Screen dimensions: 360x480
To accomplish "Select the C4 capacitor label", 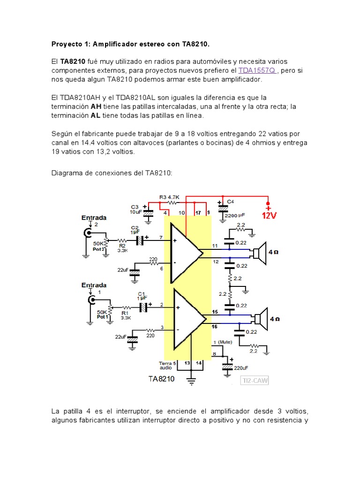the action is pos(230,202).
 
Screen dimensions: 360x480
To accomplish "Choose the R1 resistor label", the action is pos(125,313).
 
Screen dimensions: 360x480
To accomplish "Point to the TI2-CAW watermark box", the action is pos(255,381).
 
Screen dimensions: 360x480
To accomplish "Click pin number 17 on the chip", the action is pos(198,213).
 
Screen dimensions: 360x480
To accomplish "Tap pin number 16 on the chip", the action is pos(215,325).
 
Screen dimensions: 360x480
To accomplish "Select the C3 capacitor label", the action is pos(135,206).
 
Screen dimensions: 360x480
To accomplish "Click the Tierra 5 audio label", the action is pos(167,365).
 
